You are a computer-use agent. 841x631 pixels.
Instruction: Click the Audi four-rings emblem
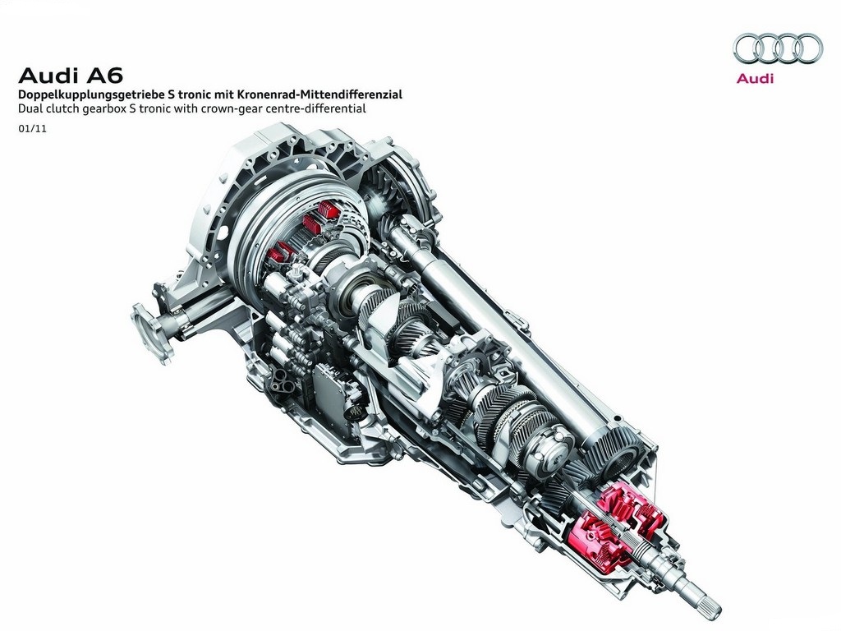(777, 48)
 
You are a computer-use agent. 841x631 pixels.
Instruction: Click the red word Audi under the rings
(756, 78)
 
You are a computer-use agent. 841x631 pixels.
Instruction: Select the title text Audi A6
(71, 76)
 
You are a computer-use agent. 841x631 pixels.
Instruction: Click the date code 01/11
(32, 129)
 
